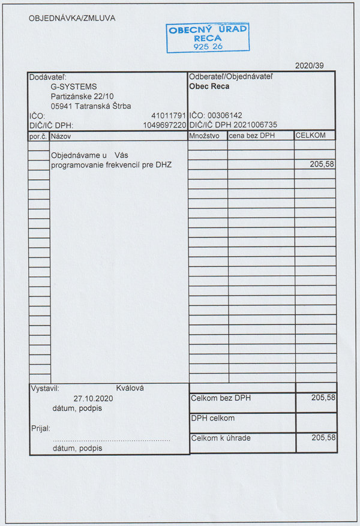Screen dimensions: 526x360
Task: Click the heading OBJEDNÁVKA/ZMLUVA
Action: click(72, 18)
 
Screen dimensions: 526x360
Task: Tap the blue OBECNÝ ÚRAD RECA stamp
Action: click(207, 37)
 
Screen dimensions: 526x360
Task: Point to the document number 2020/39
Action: click(310, 65)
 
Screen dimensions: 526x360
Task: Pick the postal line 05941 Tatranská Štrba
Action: click(91, 106)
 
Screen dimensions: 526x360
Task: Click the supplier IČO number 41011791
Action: click(170, 116)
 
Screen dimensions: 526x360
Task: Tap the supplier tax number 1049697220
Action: click(165, 125)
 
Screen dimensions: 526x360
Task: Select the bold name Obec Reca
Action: click(209, 86)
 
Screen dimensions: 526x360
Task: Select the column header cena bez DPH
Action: click(251, 136)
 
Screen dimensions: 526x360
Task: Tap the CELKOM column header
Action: click(310, 136)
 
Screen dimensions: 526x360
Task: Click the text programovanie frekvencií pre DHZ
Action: click(111, 164)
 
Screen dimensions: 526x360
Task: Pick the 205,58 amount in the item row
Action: click(322, 164)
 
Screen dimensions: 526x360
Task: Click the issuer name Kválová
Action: click(130, 388)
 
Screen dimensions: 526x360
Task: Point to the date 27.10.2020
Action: click(93, 398)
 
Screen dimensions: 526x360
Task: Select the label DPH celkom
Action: click(212, 418)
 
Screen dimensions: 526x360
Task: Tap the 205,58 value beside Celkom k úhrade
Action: click(323, 438)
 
